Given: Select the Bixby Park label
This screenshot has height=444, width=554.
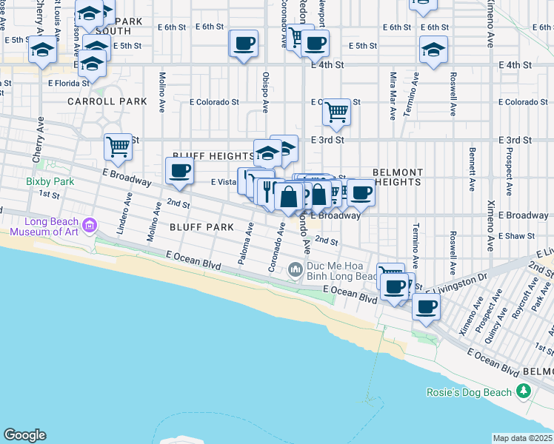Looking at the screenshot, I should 50,181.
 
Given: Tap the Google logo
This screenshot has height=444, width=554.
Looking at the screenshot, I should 24,435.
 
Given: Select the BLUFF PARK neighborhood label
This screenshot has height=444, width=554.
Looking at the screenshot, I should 201,227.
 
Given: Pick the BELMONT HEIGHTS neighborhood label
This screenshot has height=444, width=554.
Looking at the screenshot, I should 398,176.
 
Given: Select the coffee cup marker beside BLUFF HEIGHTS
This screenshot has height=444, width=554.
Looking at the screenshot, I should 178,171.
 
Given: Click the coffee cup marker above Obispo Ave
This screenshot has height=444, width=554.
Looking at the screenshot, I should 244,43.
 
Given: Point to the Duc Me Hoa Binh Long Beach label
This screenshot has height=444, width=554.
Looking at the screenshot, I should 344,276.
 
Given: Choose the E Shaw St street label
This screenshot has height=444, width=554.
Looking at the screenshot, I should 517,236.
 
